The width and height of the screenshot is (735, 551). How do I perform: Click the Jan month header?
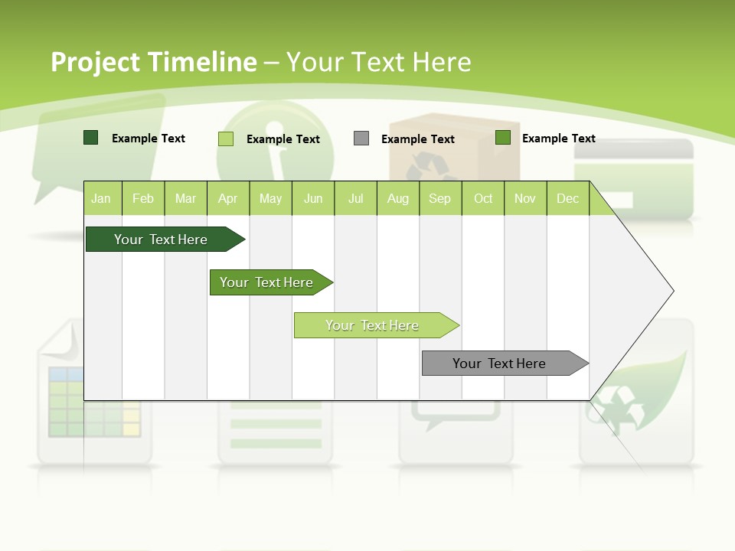[x=101, y=198]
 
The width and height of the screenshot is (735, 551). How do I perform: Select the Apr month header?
[x=227, y=198]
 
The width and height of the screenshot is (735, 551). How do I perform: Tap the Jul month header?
[x=355, y=198]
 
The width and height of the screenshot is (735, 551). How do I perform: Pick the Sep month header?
[x=439, y=198]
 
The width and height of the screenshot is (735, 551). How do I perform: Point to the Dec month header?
[x=567, y=198]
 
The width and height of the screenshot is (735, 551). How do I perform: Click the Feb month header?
[x=143, y=198]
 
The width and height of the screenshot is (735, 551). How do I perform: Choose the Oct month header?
[x=483, y=198]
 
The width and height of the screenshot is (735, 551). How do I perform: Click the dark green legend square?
[x=90, y=138]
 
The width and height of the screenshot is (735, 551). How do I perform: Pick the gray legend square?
[x=361, y=139]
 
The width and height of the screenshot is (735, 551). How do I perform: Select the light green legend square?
[x=226, y=139]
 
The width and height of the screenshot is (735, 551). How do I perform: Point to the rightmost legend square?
[x=503, y=138]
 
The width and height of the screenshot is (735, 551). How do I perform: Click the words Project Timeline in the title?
[x=153, y=62]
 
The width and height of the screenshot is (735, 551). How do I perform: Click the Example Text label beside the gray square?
[x=417, y=139]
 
